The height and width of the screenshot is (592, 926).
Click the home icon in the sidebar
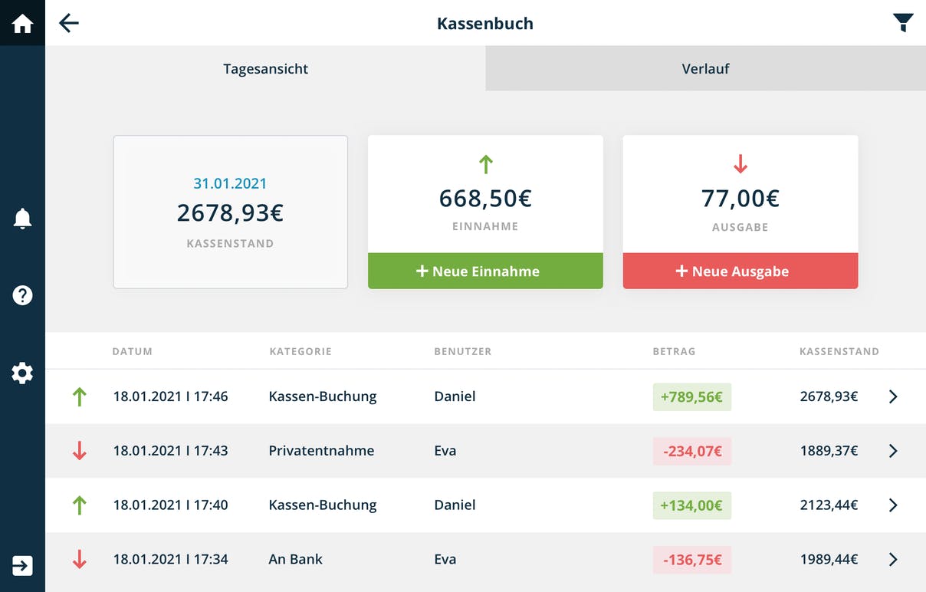pyautogui.click(x=22, y=23)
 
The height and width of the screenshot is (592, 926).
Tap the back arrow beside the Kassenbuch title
pyautogui.click(x=69, y=23)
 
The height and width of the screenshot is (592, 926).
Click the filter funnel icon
pyautogui.click(x=903, y=23)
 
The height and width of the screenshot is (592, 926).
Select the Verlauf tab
pyautogui.click(x=705, y=68)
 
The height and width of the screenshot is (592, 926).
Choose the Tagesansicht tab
pyautogui.click(x=265, y=68)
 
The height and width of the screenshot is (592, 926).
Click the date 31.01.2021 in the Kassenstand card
pyautogui.click(x=230, y=183)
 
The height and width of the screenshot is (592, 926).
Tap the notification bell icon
pyautogui.click(x=22, y=219)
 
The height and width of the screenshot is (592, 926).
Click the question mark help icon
pyautogui.click(x=22, y=295)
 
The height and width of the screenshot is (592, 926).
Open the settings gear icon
pyautogui.click(x=22, y=373)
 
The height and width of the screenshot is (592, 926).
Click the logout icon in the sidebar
pyautogui.click(x=22, y=565)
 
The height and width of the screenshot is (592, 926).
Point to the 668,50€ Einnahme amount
pyautogui.click(x=485, y=198)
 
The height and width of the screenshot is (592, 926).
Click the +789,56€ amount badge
pyautogui.click(x=692, y=397)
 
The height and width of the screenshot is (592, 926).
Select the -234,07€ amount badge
pyautogui.click(x=692, y=451)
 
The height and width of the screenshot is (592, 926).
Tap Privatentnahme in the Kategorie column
pyautogui.click(x=321, y=450)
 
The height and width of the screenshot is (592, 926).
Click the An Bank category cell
pyautogui.click(x=295, y=559)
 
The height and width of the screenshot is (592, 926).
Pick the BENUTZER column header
pyautogui.click(x=462, y=351)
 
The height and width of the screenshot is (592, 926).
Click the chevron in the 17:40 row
pyautogui.click(x=893, y=505)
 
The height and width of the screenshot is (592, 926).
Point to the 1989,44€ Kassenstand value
pyautogui.click(x=829, y=559)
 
